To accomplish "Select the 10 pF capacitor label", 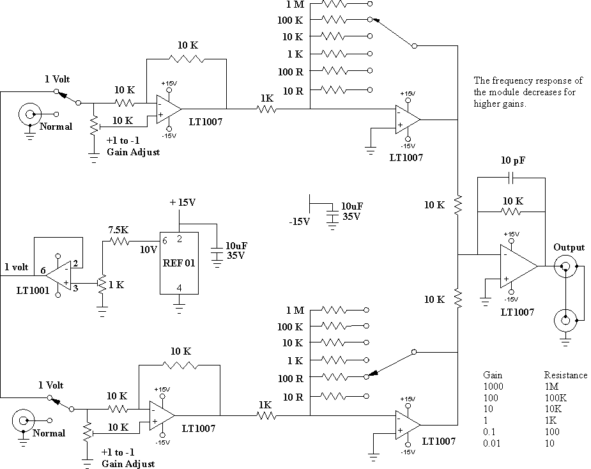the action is (513, 160).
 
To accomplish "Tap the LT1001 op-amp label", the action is (33, 290).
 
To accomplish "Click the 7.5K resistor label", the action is (118, 229).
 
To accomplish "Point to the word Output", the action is (569, 248).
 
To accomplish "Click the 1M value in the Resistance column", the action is (552, 387).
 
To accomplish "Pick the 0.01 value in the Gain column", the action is (491, 443).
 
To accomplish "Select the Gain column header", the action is (493, 375).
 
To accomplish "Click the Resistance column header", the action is (565, 375).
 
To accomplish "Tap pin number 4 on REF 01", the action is (179, 288).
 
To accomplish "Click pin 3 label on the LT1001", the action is (75, 288).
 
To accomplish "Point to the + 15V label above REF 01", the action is (183, 203).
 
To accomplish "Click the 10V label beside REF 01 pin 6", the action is (148, 250).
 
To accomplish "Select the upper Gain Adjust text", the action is (134, 152).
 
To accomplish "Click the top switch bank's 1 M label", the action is (295, 4).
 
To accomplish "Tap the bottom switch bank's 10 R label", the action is (293, 397).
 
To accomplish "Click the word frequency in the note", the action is (512, 81).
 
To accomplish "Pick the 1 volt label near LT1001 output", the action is (17, 267).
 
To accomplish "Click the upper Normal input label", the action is (56, 127).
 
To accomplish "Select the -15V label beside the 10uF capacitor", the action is (299, 222).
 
